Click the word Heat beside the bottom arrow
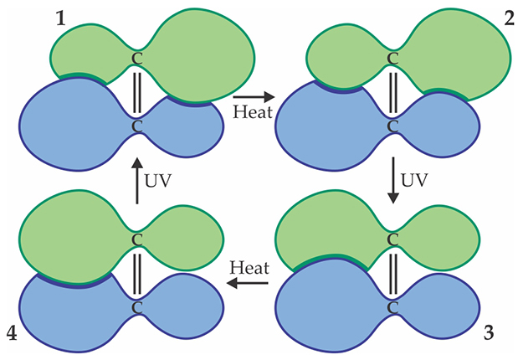(249, 269)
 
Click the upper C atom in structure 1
(139, 59)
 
